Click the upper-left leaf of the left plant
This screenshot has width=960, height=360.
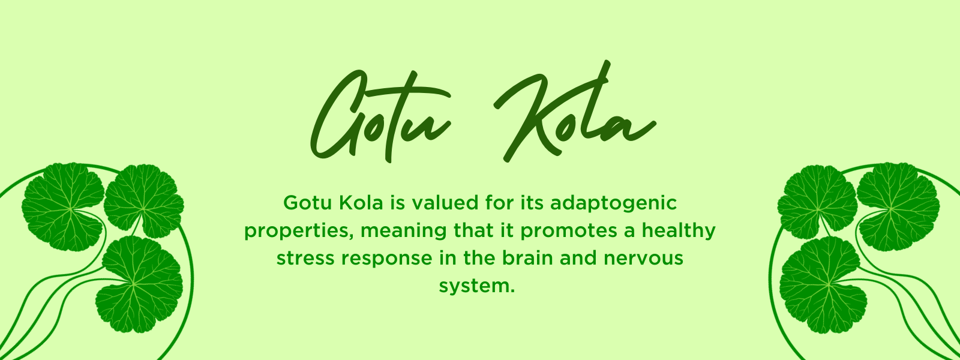tap(62, 207)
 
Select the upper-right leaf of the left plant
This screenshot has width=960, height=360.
tap(144, 201)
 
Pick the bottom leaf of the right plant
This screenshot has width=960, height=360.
tap(823, 285)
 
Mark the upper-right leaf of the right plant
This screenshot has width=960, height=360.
tap(898, 207)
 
